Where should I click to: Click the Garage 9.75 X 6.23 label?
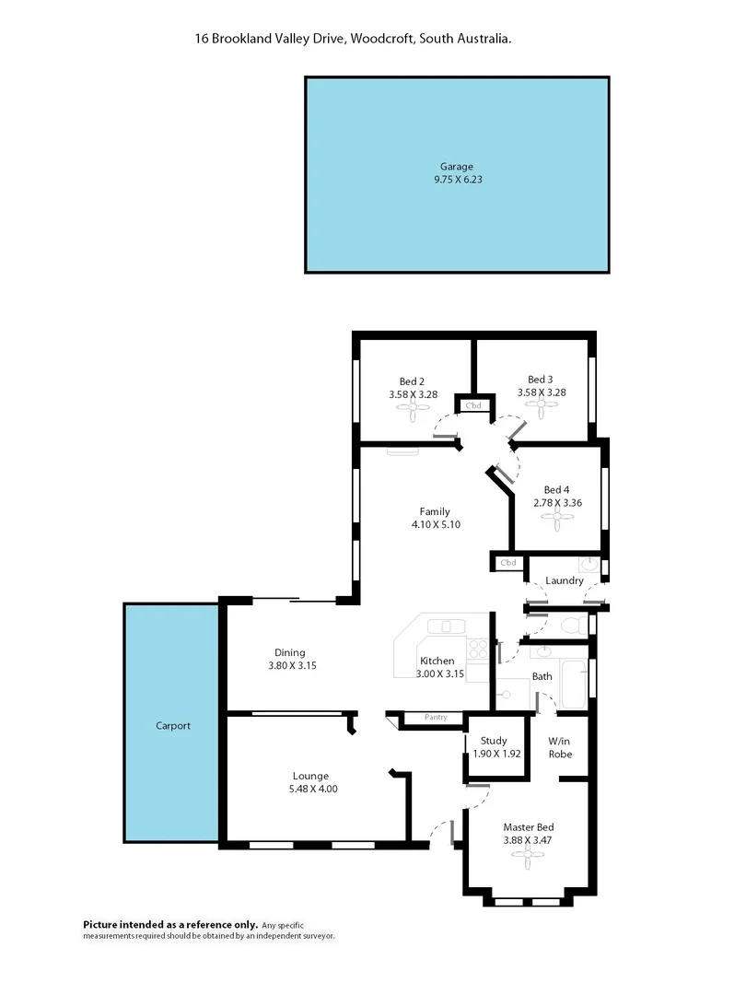pos(458,174)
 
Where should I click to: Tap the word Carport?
pos(173,726)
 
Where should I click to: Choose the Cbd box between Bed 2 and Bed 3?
pos(473,405)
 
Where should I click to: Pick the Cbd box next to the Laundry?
pos(508,562)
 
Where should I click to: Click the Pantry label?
pos(436,718)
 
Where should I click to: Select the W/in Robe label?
pos(560,747)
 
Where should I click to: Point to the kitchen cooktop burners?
pos(477,649)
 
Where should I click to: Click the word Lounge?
pos(310,776)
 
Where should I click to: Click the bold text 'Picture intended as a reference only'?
pos(170,924)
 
